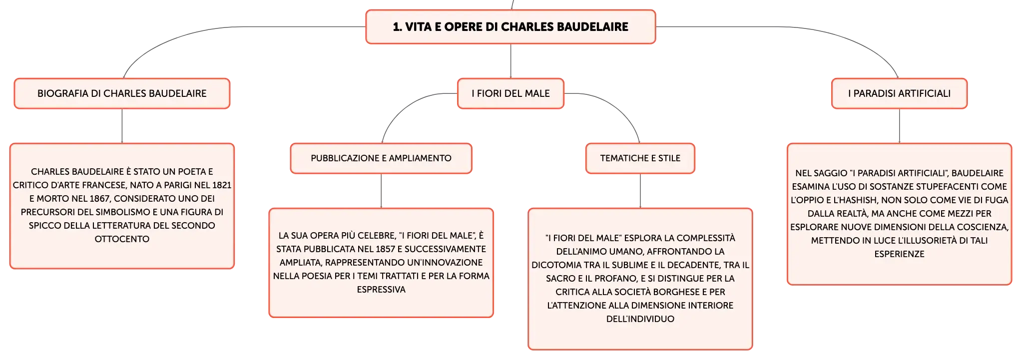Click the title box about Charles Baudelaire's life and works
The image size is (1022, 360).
[x=511, y=27]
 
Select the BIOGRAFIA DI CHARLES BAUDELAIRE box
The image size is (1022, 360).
[x=122, y=93]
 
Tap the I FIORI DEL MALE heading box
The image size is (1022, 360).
[x=511, y=93]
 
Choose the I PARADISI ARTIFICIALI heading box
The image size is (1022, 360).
[x=899, y=93]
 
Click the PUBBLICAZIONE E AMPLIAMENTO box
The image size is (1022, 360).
[x=381, y=158]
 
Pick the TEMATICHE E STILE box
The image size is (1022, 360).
[x=640, y=158]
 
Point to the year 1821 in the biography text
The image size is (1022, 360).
[x=222, y=185]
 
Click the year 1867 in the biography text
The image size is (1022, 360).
[x=99, y=199]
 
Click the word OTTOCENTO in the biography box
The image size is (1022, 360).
[x=122, y=239]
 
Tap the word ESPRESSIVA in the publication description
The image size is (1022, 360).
[x=381, y=290]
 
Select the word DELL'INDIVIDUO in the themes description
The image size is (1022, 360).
[x=640, y=319]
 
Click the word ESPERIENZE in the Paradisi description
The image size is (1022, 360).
[x=899, y=254]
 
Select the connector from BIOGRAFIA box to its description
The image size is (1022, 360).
[x=122, y=126]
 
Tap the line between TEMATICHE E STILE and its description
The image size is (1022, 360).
[x=640, y=191]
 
